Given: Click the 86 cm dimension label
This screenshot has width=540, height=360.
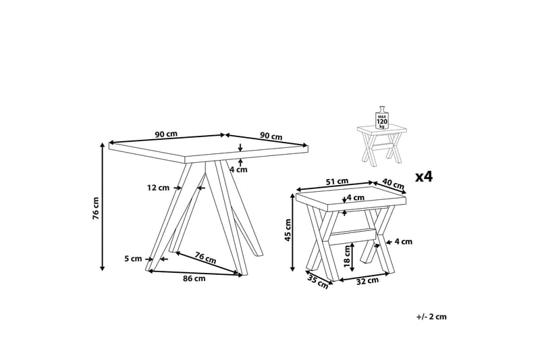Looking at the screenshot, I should [x=194, y=279].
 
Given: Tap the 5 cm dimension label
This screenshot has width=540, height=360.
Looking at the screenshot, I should [x=133, y=259].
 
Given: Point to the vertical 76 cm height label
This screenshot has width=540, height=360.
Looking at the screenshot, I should [x=96, y=208].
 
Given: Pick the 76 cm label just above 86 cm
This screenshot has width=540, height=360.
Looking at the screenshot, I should [x=205, y=257].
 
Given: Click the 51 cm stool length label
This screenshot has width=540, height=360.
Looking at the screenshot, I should [x=337, y=181].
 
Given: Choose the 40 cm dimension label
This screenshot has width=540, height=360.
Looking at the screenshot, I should [x=394, y=184].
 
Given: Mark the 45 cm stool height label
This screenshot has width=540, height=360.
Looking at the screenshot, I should [x=288, y=230].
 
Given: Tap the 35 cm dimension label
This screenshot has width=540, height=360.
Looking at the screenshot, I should [x=317, y=282].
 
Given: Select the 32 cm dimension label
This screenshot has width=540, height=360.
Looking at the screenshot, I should [x=367, y=282].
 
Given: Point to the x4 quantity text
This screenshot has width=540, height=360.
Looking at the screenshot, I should [x=423, y=177].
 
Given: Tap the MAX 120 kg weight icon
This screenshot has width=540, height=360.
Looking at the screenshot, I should [x=381, y=118].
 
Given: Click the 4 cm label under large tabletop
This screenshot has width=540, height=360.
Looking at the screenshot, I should [x=238, y=170].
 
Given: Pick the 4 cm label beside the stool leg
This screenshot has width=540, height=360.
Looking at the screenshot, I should [x=402, y=241].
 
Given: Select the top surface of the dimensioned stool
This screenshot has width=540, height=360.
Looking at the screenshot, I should [x=351, y=197].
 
